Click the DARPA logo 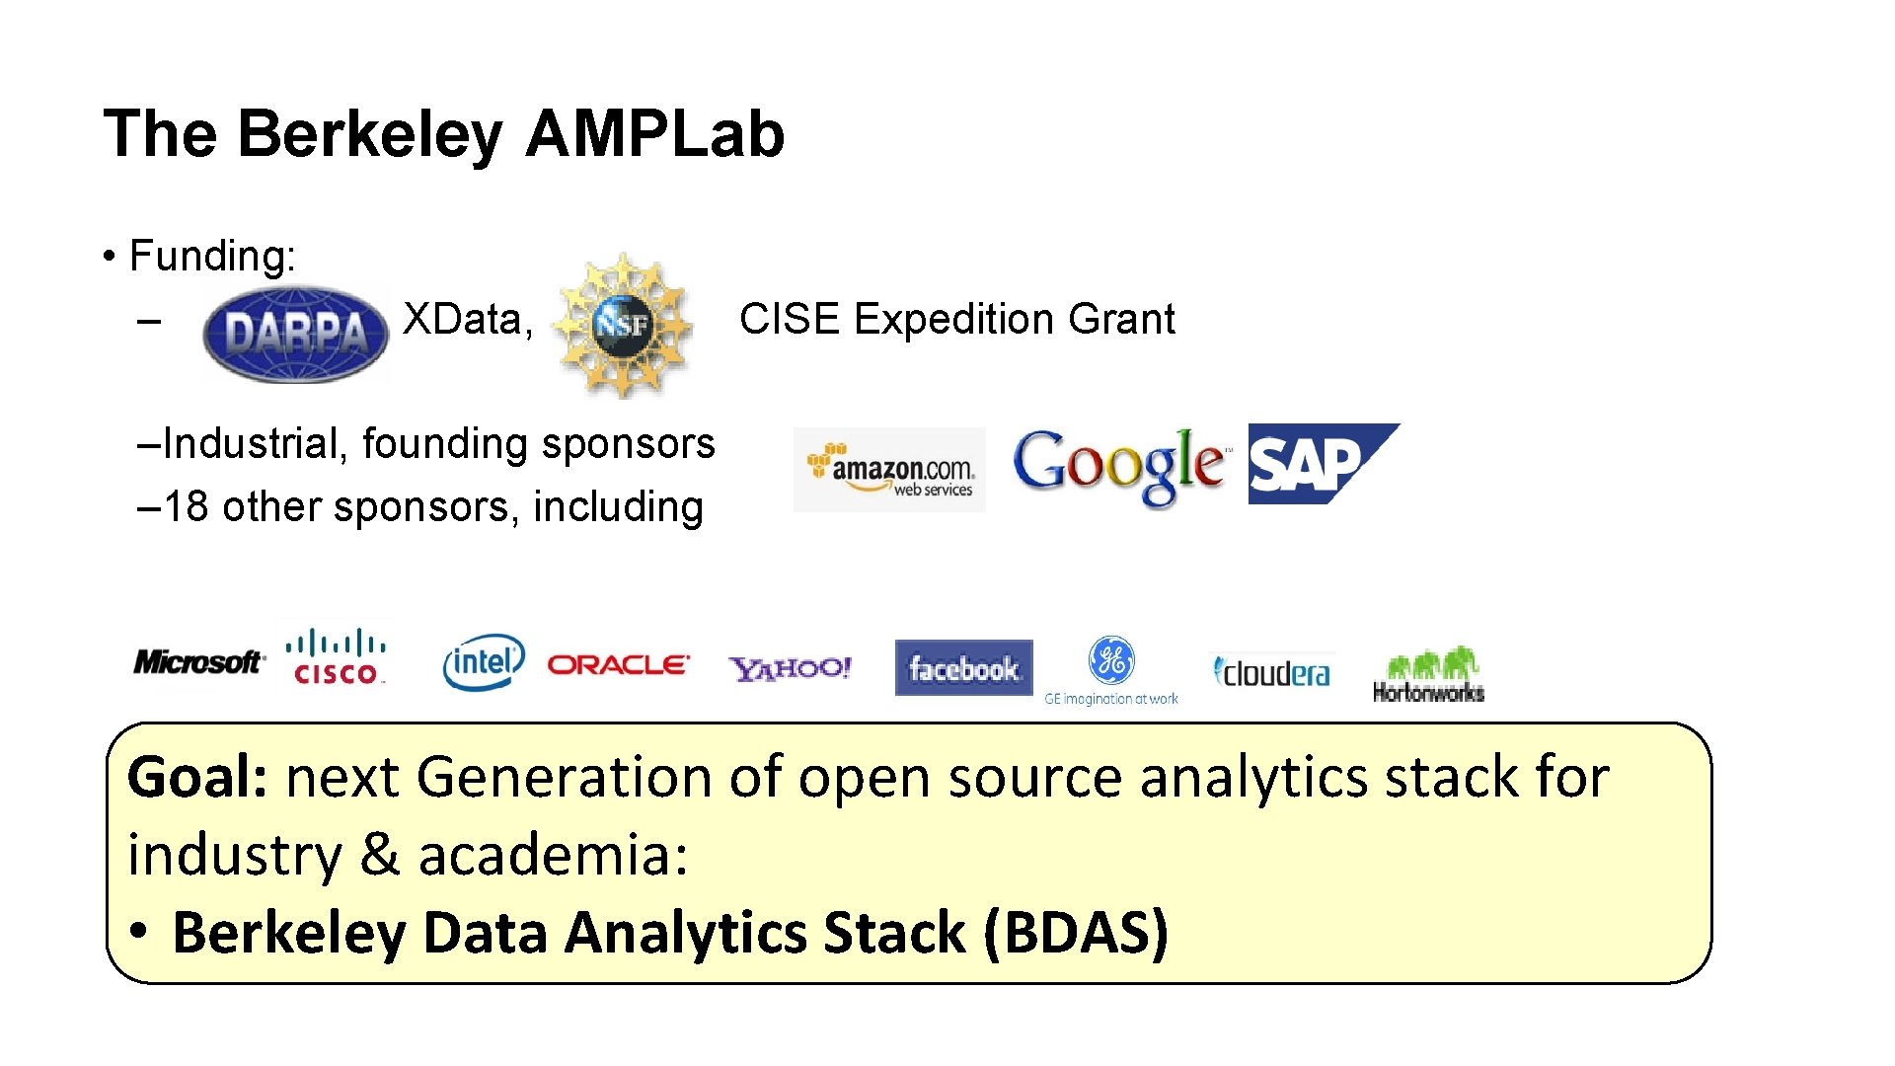(295, 333)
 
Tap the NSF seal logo (622, 324)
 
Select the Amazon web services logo (889, 470)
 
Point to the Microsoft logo (198, 661)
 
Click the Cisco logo (336, 657)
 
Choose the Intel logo (483, 661)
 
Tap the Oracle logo (618, 665)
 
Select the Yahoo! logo (790, 668)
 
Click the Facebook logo (963, 668)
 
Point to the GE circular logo (1111, 660)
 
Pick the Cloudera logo (1271, 673)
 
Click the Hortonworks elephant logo (1428, 673)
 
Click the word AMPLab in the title (654, 133)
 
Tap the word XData (462, 319)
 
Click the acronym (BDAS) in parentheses (1076, 932)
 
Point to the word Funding (210, 256)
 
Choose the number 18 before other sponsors (186, 506)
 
